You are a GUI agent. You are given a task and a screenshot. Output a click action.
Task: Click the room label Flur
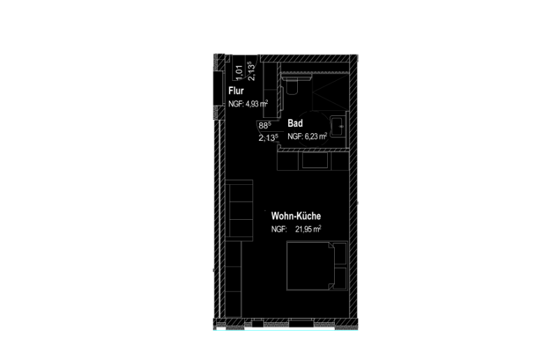[x=236, y=91]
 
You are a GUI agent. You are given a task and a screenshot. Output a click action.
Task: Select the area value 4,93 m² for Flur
[x=257, y=104]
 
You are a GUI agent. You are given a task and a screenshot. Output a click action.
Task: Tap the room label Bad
[x=295, y=123]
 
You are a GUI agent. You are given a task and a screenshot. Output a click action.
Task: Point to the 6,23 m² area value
[x=316, y=136]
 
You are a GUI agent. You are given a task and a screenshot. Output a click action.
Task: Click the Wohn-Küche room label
[x=296, y=216]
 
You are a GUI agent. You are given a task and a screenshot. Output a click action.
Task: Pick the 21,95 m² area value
[x=308, y=229]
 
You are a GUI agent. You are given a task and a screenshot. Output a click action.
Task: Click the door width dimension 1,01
[x=239, y=72]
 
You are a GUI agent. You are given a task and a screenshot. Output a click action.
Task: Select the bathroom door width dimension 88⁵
[x=265, y=126]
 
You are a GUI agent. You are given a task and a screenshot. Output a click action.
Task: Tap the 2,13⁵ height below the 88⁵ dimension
[x=269, y=137]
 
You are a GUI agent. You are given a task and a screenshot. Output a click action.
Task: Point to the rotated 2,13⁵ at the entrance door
[x=251, y=71]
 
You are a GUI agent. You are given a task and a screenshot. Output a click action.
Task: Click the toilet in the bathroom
[x=291, y=84]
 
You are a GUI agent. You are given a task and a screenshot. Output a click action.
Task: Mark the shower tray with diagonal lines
[x=330, y=91]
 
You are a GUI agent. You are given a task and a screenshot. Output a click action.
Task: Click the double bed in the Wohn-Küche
[x=317, y=266]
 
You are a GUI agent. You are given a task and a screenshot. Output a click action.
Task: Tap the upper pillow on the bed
[x=340, y=253]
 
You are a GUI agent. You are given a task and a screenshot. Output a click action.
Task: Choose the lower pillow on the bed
[x=340, y=278]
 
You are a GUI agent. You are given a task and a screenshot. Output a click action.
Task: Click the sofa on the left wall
[x=239, y=210]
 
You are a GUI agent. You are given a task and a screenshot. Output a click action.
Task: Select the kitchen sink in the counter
[x=315, y=160]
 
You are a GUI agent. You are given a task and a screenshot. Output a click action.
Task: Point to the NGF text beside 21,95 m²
[x=279, y=230]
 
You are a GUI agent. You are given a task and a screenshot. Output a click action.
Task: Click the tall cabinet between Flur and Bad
[x=270, y=90]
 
